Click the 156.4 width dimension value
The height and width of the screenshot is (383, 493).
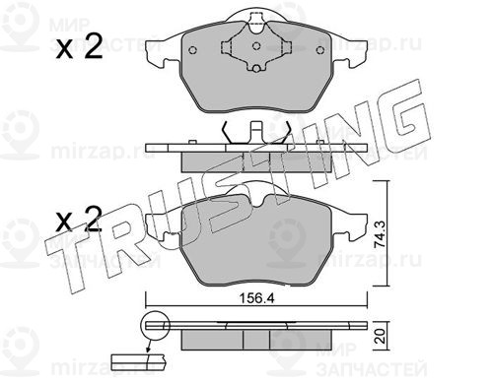click(x=256, y=298)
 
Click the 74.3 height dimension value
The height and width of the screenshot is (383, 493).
click(x=380, y=234)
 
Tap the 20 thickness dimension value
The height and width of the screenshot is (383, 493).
click(x=381, y=337)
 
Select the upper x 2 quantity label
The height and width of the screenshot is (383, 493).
click(x=79, y=48)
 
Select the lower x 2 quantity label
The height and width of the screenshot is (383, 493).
click(x=79, y=219)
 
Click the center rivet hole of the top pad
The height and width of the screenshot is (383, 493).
click(x=256, y=46)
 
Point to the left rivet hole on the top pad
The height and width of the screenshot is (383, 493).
click(x=193, y=50)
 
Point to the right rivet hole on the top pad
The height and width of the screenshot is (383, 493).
click(x=320, y=50)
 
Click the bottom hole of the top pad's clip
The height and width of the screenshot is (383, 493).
click(x=256, y=68)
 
